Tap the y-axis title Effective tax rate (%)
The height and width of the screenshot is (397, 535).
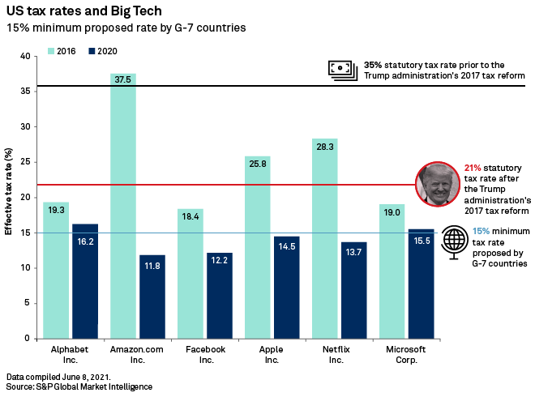8,191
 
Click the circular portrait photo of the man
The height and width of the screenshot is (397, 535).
438,184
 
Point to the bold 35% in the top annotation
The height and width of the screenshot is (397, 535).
373,65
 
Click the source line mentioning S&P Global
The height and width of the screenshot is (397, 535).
79,387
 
